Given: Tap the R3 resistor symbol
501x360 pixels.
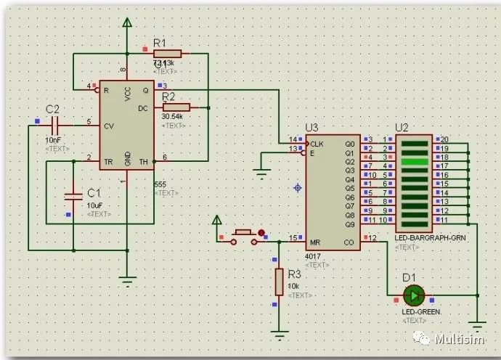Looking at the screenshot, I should (x=279, y=282).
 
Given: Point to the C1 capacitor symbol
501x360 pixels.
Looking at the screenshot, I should (x=73, y=195).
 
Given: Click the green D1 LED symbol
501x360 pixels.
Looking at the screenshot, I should (x=414, y=295).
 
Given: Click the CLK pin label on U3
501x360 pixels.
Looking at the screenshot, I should (x=316, y=144).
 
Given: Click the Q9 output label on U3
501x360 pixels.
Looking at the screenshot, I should (x=349, y=225).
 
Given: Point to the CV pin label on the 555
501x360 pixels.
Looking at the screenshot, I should (x=108, y=126).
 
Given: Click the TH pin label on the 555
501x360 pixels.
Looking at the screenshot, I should (x=144, y=161).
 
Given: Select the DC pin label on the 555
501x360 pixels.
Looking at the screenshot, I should (x=143, y=108).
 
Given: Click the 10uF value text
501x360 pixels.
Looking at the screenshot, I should (x=95, y=206).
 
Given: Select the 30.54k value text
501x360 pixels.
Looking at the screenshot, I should (x=171, y=117).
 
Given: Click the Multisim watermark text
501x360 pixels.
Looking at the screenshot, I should (x=460, y=339).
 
